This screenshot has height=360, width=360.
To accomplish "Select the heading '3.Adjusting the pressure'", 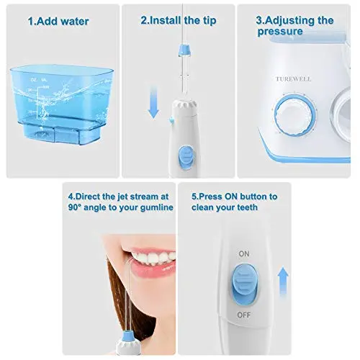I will [x=295, y=26].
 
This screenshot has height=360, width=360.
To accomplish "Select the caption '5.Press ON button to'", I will [x=234, y=196].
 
